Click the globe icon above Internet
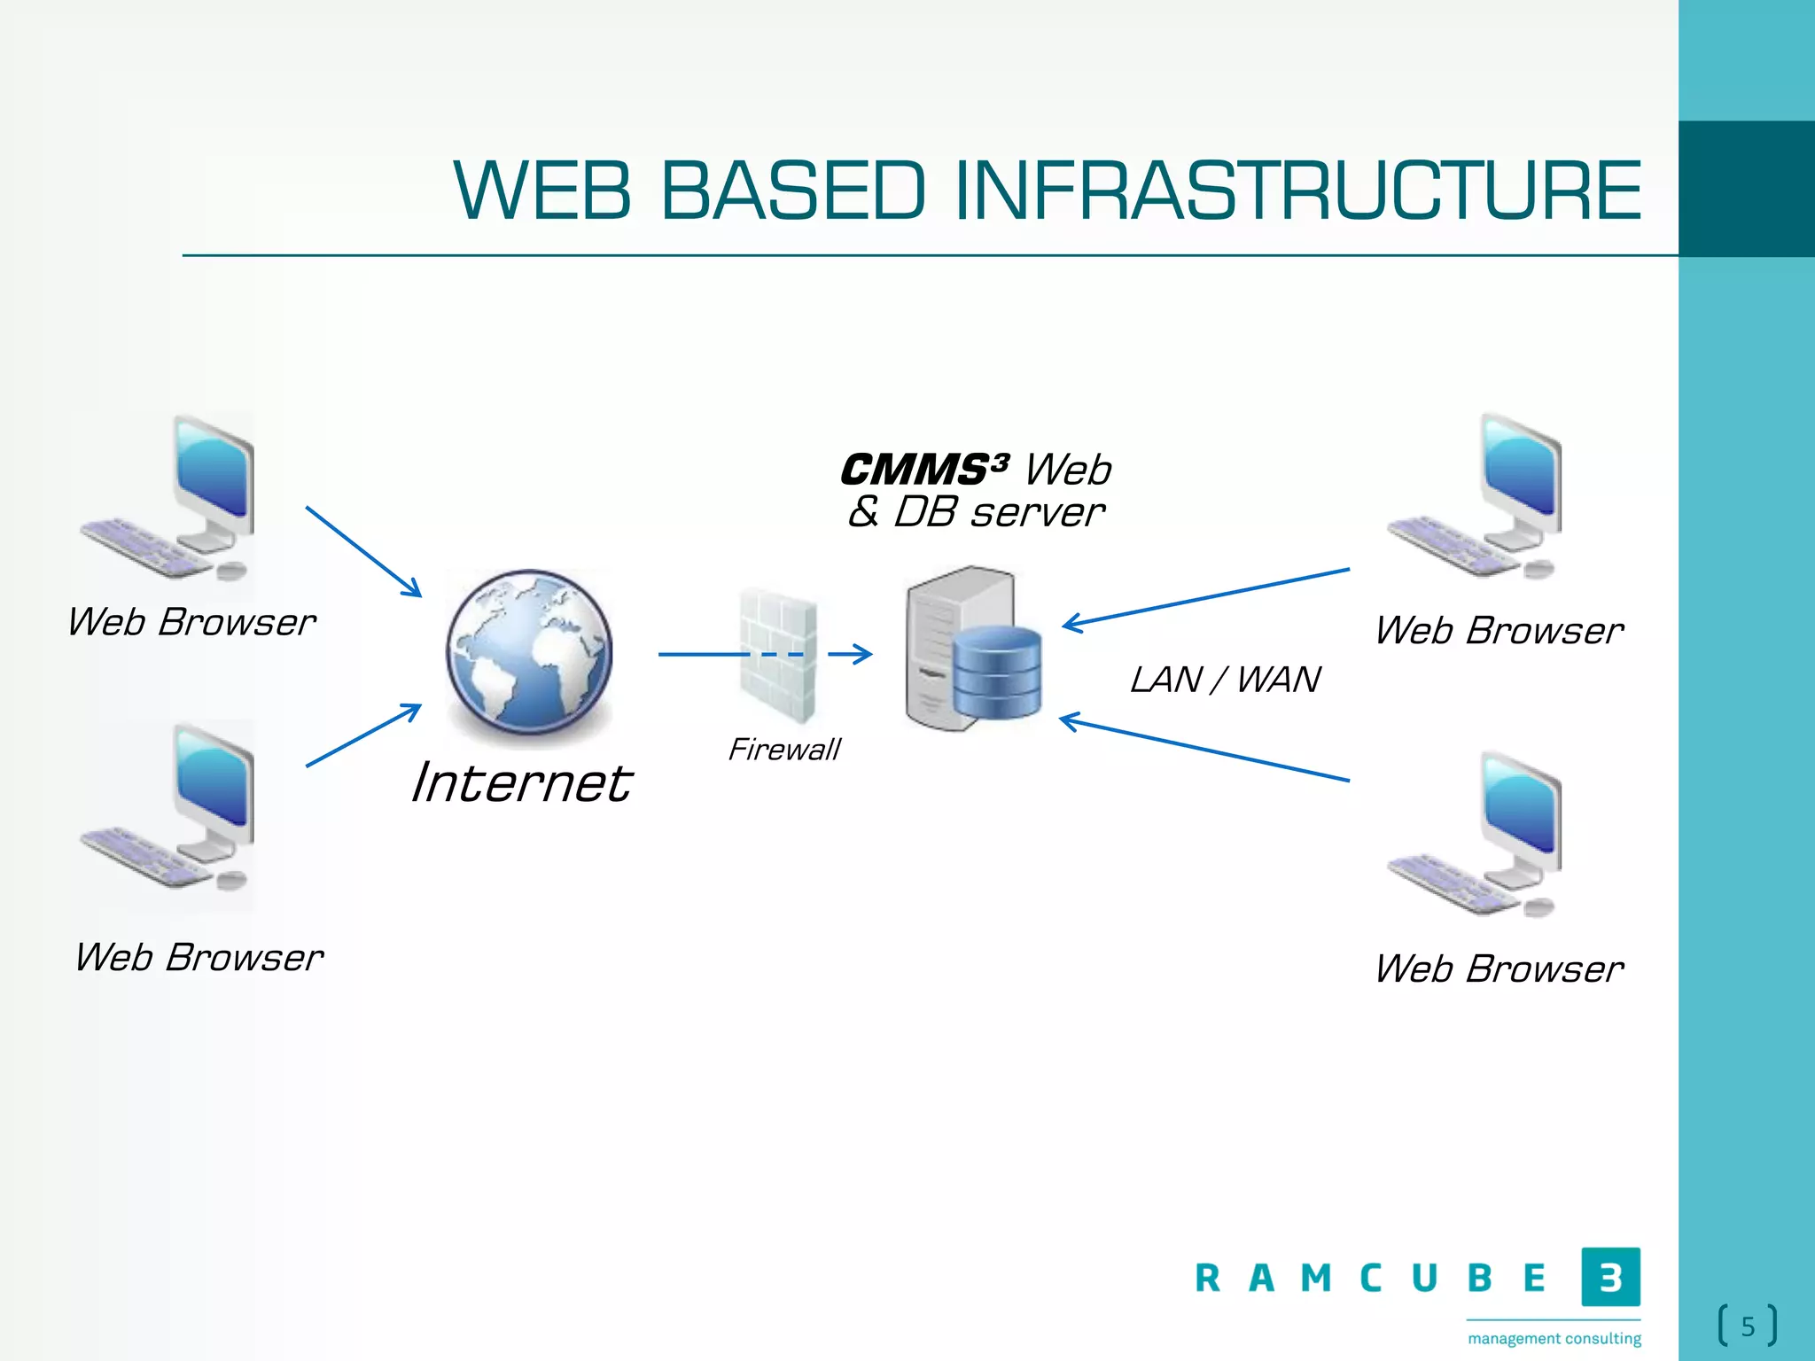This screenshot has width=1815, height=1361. click(529, 654)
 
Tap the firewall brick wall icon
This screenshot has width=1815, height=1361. click(778, 656)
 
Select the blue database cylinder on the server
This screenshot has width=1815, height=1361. click(998, 672)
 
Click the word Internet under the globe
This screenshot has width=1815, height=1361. click(521, 783)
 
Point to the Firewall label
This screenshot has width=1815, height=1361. click(783, 750)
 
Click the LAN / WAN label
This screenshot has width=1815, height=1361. click(1225, 680)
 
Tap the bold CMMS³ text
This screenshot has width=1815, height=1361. click(924, 469)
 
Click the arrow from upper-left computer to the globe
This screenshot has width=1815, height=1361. click(363, 551)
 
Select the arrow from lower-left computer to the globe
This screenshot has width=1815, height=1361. click(363, 735)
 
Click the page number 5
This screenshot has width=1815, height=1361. click(1748, 1326)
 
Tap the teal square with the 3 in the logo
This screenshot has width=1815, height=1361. click(1610, 1277)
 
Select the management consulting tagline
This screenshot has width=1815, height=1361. click(1554, 1338)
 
